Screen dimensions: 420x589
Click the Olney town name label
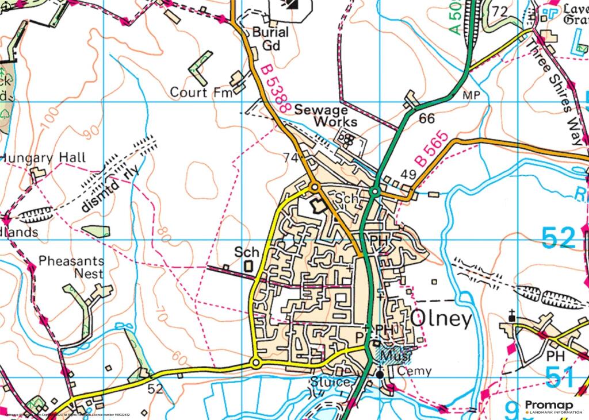441,319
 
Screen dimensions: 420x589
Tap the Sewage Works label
326,115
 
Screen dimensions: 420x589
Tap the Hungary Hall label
44,157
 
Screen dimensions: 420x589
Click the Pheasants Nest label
71,267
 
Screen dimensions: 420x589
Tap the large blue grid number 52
558,237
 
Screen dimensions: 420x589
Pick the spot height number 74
290,157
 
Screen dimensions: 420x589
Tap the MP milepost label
471,95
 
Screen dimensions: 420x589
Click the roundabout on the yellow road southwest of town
255,363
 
